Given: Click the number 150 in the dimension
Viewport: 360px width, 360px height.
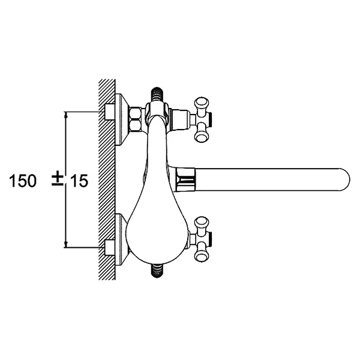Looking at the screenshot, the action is pos(23,181).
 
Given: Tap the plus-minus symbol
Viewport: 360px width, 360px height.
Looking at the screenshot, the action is pos(58,179).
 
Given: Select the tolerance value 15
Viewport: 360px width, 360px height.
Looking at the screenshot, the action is pos(79,181).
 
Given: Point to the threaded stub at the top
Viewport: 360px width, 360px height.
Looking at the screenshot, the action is pos(157,95).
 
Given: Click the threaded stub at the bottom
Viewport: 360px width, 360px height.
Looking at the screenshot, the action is pos(157,271).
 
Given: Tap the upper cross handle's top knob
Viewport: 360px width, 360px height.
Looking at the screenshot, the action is pos(202,103).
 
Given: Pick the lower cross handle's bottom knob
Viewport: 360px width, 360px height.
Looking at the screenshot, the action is pos(202,255).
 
